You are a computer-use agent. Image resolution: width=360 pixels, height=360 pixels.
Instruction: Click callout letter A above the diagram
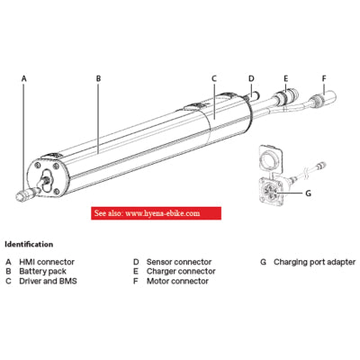point(24,78)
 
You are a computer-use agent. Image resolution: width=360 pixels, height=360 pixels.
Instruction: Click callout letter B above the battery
point(98,78)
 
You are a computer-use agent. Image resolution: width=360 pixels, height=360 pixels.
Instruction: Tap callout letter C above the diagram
point(214,78)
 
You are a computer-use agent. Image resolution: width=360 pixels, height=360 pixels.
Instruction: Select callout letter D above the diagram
point(251,78)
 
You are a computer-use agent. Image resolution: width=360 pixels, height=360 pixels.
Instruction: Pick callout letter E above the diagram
point(286,78)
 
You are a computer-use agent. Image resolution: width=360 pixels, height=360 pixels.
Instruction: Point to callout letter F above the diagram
point(324,78)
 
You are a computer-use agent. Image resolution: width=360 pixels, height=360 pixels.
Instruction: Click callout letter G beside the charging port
point(308,193)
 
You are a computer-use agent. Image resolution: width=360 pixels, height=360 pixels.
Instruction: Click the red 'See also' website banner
point(156,213)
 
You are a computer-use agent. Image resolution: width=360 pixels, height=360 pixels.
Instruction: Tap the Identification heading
point(29,244)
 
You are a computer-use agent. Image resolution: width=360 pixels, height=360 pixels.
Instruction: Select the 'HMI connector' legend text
point(47,262)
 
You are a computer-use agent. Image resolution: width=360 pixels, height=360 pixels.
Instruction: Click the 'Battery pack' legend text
point(42,272)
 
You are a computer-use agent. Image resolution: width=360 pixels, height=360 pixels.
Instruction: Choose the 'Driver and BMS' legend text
point(48,281)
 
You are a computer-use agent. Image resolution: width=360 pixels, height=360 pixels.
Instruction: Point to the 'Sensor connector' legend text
point(179,262)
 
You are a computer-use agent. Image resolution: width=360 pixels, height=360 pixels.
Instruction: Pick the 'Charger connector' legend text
point(181,272)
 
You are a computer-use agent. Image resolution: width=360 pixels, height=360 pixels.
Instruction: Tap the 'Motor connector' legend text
point(177,281)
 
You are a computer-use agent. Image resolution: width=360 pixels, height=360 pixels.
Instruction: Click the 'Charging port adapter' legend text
point(314,262)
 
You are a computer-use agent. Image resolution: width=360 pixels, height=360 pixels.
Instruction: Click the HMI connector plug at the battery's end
point(26,194)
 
